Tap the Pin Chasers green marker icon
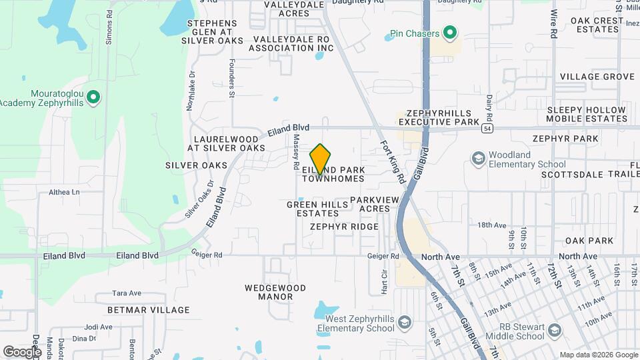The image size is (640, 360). tap(450, 33)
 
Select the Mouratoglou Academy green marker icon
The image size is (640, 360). tap(94, 98)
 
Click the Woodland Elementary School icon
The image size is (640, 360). tap(477, 159)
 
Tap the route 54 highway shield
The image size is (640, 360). tap(489, 128)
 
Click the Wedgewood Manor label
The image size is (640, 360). tap(275, 293)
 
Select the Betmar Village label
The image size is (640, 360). tap(148, 310)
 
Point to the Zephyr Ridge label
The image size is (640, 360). tap(344, 227)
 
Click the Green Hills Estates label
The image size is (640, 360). tap(313, 209)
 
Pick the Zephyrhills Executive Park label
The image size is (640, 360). tap(439, 118)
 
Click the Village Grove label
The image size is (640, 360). tap(597, 77)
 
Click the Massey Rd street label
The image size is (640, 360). tap(296, 150)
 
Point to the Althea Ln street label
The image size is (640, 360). tap(64, 192)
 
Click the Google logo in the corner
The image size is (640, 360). tap(22, 351)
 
